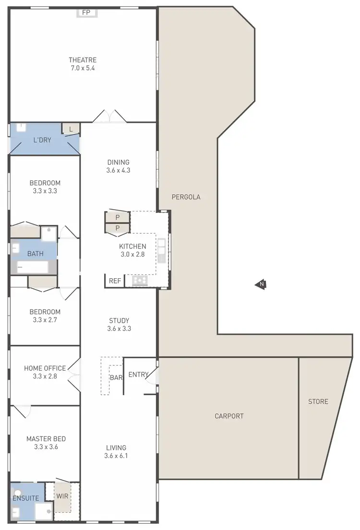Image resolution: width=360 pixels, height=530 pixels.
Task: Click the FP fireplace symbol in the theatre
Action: tap(86, 12)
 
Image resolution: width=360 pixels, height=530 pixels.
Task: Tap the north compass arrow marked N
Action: tap(261, 285)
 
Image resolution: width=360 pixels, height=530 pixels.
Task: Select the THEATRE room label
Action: tap(83, 60)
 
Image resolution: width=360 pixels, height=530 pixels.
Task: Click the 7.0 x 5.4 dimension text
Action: tap(83, 68)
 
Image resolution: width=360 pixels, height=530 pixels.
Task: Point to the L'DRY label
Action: tap(42, 140)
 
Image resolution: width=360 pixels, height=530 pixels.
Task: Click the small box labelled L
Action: tap(71, 129)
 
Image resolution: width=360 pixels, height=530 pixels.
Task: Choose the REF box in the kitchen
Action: tap(115, 281)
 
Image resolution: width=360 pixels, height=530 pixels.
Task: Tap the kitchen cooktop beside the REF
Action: tap(140, 281)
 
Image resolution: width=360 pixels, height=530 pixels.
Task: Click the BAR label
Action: tap(116, 377)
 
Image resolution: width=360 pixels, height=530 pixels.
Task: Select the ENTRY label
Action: tap(138, 375)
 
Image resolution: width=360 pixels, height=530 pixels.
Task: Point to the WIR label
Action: tap(62, 496)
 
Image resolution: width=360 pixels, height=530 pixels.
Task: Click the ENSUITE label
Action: tap(26, 498)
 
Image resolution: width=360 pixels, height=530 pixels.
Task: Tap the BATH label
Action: tap(36, 254)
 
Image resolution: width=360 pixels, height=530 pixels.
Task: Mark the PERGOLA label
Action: tap(186, 197)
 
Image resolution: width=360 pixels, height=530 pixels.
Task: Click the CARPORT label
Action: tap(229, 416)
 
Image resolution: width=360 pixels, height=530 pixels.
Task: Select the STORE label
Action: tap(318, 401)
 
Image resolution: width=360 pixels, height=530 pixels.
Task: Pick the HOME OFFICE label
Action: tap(45, 368)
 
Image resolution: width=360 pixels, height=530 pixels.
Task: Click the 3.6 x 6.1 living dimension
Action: tap(117, 456)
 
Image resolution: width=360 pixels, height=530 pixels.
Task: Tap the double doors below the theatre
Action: tap(110, 117)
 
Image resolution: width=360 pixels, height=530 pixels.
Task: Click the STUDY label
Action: tap(119, 320)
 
